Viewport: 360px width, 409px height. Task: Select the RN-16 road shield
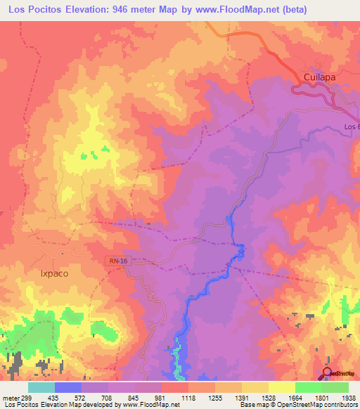(x=119, y=260)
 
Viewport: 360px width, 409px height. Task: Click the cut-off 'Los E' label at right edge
(x=351, y=126)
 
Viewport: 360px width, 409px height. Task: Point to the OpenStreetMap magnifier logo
(x=328, y=372)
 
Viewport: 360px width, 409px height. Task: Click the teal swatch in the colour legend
(x=41, y=387)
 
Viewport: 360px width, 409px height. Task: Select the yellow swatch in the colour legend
(x=281, y=387)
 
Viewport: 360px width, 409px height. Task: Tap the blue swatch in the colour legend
(x=68, y=387)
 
